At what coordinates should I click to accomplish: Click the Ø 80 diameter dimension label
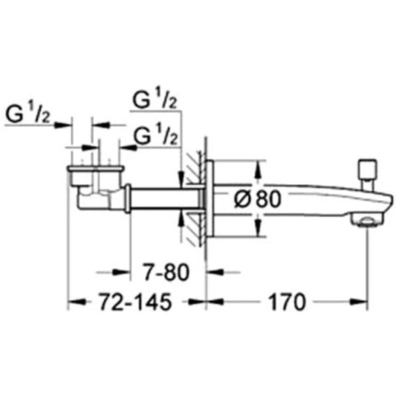[257, 199]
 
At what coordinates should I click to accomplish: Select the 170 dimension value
[287, 302]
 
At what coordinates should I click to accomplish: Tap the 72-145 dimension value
[135, 302]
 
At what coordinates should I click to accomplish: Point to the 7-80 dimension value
[166, 273]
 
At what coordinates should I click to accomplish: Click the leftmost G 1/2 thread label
[27, 114]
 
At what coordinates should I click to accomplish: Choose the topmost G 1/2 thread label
[155, 100]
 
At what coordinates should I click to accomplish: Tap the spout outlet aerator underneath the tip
[366, 219]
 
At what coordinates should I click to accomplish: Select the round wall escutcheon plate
[210, 198]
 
